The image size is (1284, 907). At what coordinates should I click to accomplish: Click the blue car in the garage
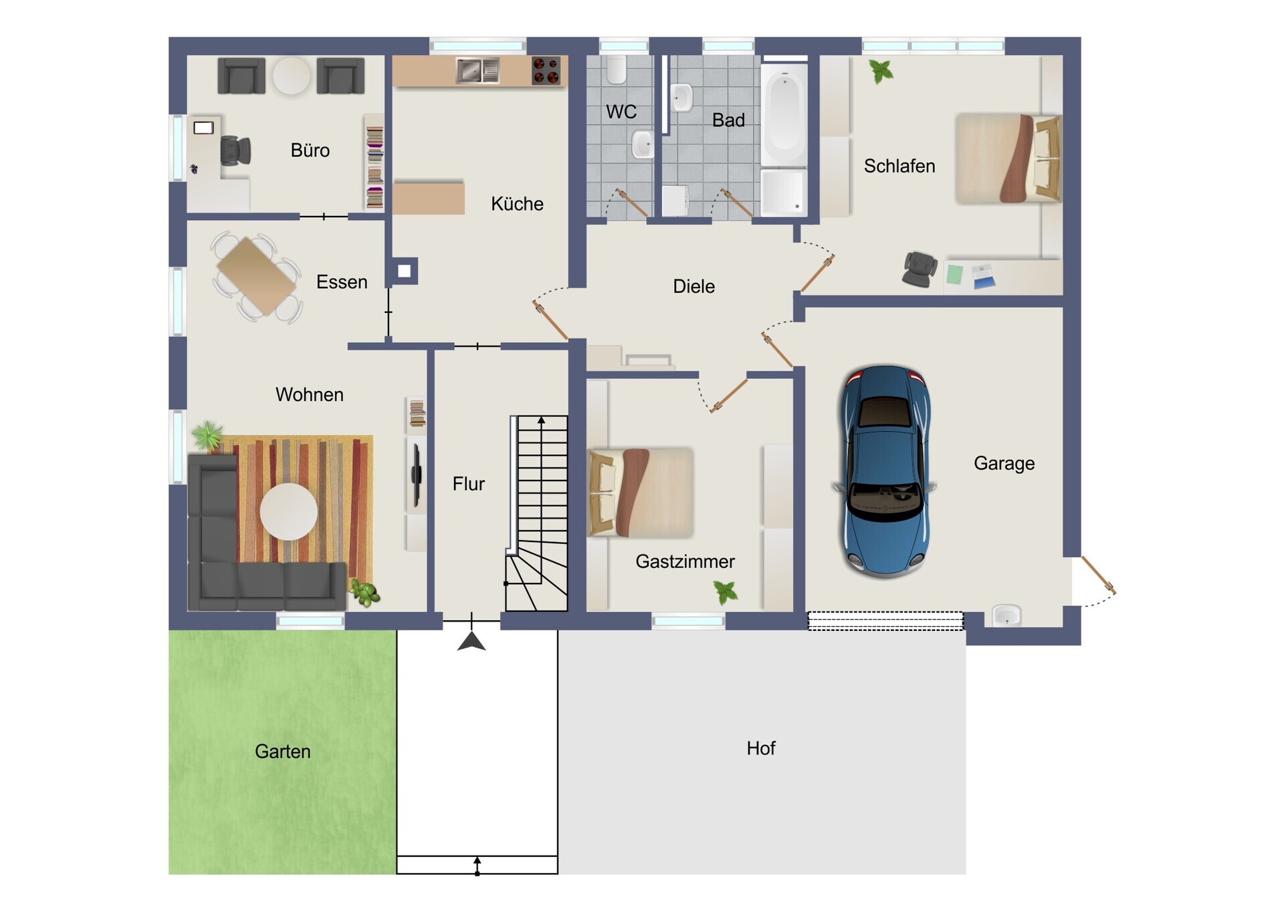[884, 471]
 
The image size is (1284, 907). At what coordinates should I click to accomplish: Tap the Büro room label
[310, 150]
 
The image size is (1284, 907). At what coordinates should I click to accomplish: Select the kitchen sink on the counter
[477, 71]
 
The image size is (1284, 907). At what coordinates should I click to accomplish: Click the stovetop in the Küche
[546, 71]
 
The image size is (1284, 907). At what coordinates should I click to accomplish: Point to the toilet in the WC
[617, 70]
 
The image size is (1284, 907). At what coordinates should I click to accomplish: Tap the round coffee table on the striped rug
[289, 511]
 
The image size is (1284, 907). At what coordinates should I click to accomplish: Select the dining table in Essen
[257, 275]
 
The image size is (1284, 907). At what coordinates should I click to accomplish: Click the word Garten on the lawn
[283, 751]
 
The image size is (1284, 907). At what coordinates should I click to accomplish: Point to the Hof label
[761, 748]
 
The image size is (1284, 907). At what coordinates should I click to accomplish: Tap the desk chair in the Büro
[235, 150]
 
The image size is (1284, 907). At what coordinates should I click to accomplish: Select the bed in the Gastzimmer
[641, 493]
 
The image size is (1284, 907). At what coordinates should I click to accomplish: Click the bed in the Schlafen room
[1008, 158]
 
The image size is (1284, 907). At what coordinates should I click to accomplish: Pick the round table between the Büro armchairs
[291, 75]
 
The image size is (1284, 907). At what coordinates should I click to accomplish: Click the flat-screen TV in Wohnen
[416, 475]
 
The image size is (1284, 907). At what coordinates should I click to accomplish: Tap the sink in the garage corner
[1006, 615]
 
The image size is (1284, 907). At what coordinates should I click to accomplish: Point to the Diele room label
[694, 287]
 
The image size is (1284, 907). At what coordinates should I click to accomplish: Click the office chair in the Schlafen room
[920, 269]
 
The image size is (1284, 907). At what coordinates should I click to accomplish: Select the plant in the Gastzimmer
[726, 592]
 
